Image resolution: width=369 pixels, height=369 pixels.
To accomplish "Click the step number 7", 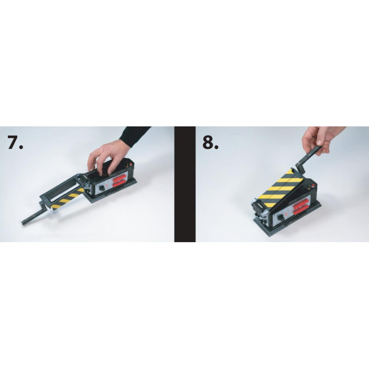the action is pyautogui.click(x=16, y=142).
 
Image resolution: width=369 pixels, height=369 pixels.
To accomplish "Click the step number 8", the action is pyautogui.click(x=211, y=142).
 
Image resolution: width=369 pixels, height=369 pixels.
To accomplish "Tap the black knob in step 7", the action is pyautogui.click(x=102, y=188).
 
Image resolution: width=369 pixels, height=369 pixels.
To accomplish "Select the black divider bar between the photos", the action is pyautogui.click(x=185, y=184).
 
